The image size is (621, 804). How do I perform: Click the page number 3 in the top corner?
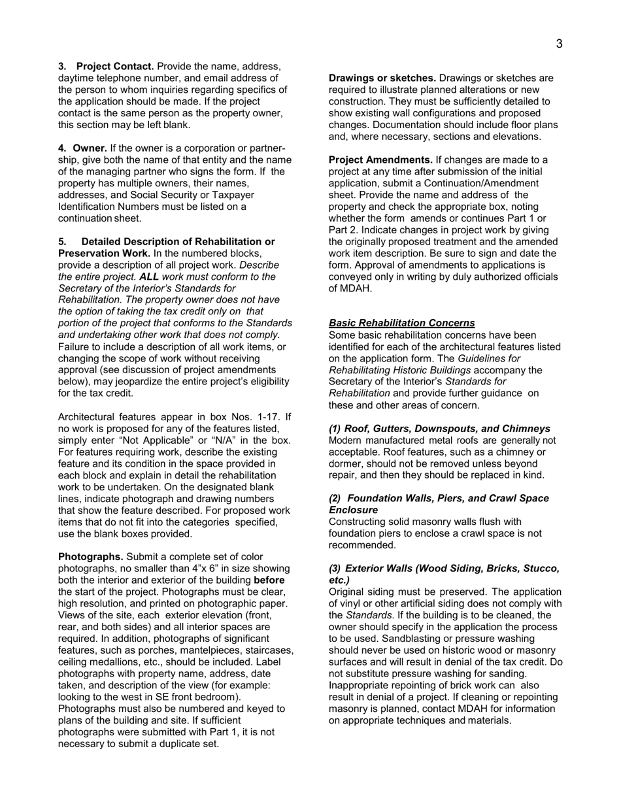[559, 44]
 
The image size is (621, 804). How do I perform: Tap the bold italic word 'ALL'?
[150, 276]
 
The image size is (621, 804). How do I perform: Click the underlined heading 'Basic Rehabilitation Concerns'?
[401, 323]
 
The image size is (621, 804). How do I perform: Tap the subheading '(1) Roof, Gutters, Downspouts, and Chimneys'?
[439, 428]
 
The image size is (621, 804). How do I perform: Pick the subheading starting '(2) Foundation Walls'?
[438, 498]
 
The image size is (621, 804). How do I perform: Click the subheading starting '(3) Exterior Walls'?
[444, 568]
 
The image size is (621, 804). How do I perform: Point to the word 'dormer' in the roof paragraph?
[345, 463]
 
